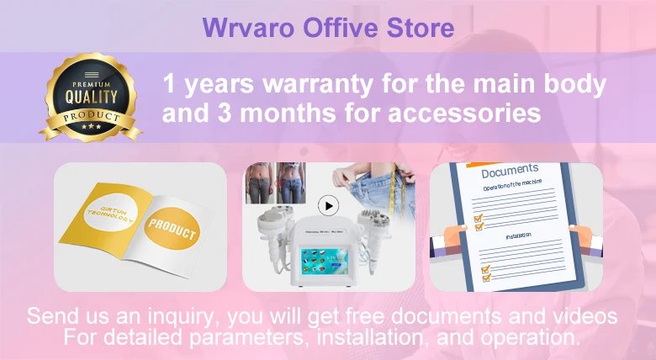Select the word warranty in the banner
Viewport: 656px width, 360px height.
[x=306, y=85]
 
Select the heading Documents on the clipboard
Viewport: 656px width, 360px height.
[x=511, y=172]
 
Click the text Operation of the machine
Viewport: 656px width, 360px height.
[x=512, y=183]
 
